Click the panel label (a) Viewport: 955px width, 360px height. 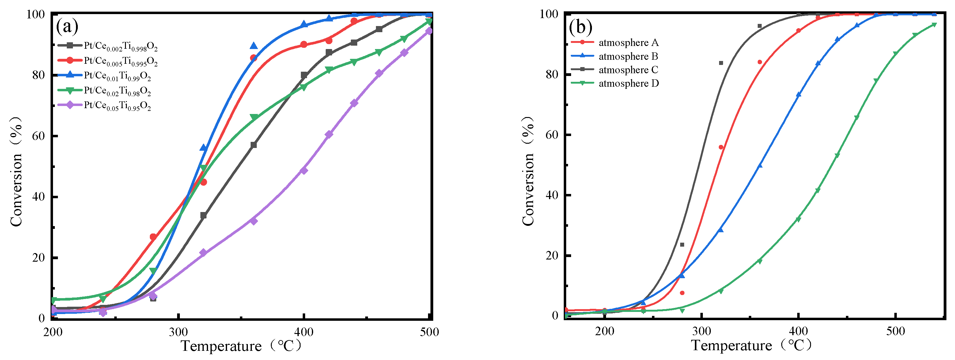coord(67,27)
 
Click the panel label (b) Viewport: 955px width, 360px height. coord(581,27)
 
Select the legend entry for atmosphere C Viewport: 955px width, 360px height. coord(628,70)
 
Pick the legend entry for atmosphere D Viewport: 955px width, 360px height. coord(628,83)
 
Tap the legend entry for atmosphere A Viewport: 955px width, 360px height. coord(628,43)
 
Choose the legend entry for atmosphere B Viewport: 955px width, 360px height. coord(628,56)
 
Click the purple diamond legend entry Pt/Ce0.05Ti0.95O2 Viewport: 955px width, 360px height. coord(117,106)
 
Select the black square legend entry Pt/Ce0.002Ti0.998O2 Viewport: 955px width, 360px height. coord(120,46)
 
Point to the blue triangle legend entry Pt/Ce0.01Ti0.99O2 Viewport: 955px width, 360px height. coord(117,76)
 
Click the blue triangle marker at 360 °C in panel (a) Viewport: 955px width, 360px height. coord(254,46)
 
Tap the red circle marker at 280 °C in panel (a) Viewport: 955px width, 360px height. coord(153,237)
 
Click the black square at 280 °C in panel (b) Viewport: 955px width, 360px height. coord(682,245)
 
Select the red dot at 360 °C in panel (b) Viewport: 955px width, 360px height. coord(760,62)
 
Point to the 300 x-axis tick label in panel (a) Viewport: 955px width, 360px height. coord(178,332)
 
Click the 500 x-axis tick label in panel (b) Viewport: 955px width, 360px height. coord(895,331)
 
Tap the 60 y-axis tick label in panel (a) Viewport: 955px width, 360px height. coord(39,136)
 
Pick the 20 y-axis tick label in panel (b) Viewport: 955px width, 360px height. coord(552,256)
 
